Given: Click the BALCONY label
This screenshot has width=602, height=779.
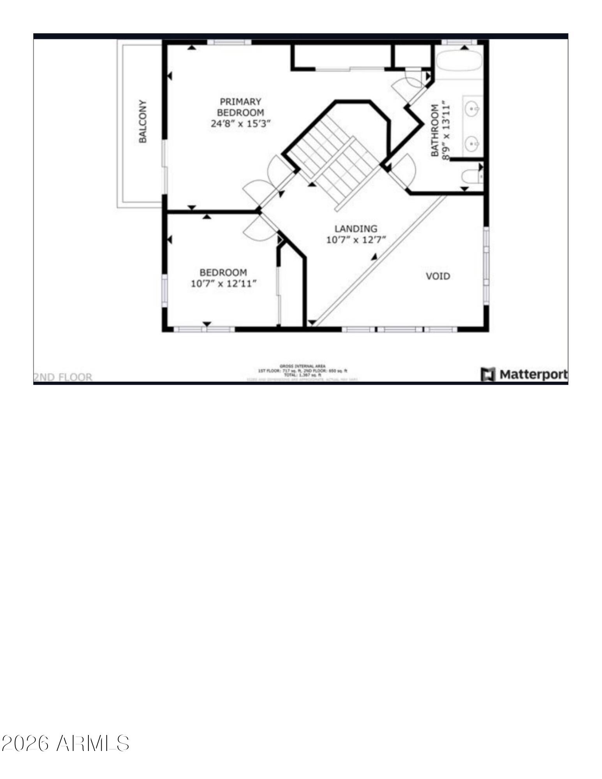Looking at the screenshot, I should tap(143, 122).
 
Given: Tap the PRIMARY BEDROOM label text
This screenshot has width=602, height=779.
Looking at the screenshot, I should tap(240, 107).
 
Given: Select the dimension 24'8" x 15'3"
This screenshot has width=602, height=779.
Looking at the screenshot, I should tap(240, 124).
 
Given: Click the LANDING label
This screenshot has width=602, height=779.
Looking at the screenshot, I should tap(356, 229).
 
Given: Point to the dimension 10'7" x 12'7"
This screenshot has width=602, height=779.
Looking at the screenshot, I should tap(356, 240).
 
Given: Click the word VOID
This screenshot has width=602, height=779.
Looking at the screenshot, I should tap(438, 276).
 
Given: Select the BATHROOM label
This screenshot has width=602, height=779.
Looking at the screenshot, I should tap(434, 130).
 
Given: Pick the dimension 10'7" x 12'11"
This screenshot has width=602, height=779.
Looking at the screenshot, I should tap(224, 284).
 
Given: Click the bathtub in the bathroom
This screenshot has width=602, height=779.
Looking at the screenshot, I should tap(459, 62).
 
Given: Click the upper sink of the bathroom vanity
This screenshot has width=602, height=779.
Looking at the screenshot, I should tap(473, 107).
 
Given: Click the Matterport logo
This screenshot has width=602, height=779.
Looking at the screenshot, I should tap(524, 374).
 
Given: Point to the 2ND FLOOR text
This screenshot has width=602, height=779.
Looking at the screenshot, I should tap(63, 377).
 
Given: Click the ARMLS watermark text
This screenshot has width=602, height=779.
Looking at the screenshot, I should tap(65, 743).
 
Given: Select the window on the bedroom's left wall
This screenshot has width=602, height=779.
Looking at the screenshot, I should tap(165, 289).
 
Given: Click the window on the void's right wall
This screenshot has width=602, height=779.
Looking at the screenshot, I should tap(486, 265).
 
